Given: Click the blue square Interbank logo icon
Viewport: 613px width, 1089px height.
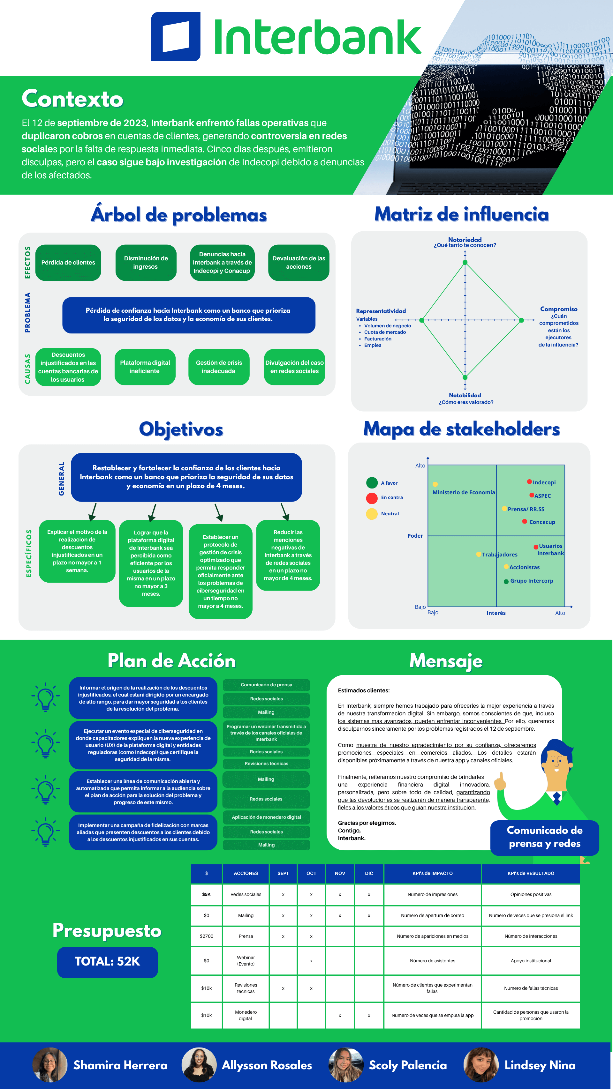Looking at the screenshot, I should click(176, 37).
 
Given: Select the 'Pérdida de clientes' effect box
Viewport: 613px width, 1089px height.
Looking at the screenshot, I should click(68, 263).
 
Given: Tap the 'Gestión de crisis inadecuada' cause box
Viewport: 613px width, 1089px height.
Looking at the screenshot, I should click(219, 367).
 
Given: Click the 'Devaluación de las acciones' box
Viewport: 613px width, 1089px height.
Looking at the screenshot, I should click(299, 263).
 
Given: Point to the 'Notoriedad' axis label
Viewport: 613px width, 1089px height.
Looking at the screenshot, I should click(465, 240).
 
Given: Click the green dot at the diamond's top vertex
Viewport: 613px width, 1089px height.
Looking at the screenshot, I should click(465, 263).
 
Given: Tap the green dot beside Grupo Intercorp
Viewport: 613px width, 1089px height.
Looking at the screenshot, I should click(506, 581).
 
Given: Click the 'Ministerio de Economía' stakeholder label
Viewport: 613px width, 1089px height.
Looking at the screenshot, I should click(463, 493).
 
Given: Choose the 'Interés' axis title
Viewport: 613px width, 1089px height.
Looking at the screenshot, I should click(496, 613).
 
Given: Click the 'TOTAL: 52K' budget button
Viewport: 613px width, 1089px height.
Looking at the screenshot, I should click(108, 962).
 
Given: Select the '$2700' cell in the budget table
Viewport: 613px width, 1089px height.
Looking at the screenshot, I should click(207, 936).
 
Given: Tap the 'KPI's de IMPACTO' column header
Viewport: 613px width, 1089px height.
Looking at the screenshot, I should click(432, 873).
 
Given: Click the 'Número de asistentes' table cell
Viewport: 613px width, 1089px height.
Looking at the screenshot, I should click(432, 961).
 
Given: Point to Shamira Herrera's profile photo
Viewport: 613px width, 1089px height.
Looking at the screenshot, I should click(50, 1064).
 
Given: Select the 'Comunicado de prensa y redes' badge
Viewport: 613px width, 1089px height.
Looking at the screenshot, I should click(544, 837).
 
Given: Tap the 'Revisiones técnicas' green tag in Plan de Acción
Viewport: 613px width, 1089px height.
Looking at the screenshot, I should click(266, 764).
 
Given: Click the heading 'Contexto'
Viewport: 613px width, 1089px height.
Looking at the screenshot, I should click(72, 99).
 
